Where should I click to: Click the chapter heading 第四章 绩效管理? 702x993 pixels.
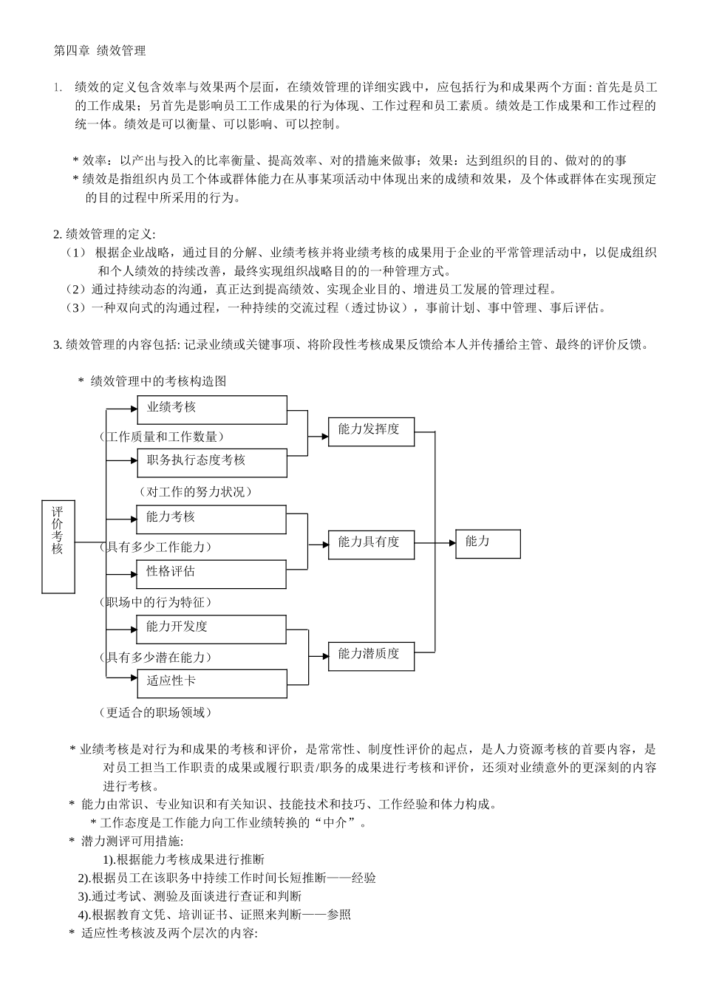100,51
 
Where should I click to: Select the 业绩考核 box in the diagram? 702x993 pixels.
211,409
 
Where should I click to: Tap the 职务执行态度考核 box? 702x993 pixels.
211,463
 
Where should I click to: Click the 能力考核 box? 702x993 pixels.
211,519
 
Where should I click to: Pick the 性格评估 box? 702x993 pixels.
211,574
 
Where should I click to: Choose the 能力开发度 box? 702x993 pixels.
211,629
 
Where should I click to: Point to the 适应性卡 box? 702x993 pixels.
211,683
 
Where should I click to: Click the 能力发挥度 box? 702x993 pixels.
371,431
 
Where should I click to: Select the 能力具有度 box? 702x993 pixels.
371,544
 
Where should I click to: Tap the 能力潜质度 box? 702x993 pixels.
371,655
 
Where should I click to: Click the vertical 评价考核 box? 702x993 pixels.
58,547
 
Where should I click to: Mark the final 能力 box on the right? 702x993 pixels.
488,544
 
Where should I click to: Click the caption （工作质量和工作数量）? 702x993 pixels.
162,437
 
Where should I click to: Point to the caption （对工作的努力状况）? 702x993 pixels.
195,491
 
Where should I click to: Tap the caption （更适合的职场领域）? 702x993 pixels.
155,712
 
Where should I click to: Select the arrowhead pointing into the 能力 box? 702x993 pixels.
452,543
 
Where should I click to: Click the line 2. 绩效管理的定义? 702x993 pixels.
104,235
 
